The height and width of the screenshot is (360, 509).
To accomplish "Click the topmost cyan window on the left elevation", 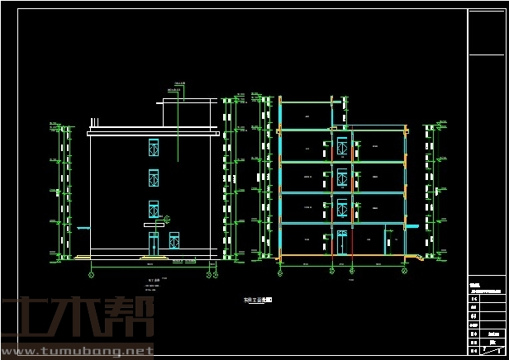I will point(153,148).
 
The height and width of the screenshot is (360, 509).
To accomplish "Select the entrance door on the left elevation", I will point(153,243).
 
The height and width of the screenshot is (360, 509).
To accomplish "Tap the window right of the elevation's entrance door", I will point(174,240).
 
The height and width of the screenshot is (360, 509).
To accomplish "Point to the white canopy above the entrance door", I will point(154,225).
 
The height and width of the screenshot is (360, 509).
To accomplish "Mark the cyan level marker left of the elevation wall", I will point(80,228).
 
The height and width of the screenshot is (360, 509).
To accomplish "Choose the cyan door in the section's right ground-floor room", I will point(386,239).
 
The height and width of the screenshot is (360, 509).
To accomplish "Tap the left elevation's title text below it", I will point(153,281).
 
